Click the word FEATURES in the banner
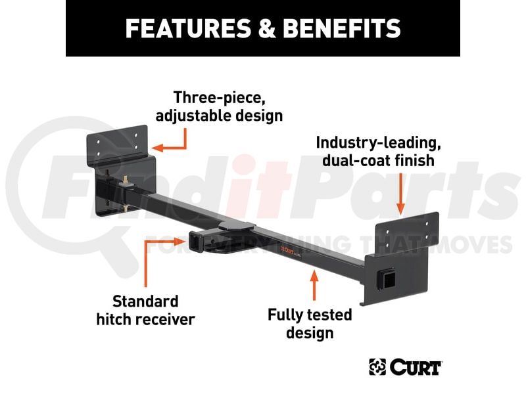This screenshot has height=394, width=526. (x=188, y=28)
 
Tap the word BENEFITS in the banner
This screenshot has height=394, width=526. (x=342, y=28)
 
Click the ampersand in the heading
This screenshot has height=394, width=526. (x=267, y=28)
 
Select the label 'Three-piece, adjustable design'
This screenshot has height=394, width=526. (x=220, y=106)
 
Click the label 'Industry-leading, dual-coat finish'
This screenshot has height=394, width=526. (x=379, y=152)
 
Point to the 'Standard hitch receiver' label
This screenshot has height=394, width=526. (x=145, y=310)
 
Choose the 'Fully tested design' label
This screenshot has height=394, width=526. (x=310, y=324)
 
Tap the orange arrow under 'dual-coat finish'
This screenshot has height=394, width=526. (x=400, y=194)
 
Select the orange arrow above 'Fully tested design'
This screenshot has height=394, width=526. (x=314, y=286)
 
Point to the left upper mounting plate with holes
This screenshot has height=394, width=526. (x=118, y=144)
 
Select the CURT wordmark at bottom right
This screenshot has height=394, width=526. (x=416, y=367)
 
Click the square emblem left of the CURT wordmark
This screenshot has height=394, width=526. (x=377, y=367)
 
